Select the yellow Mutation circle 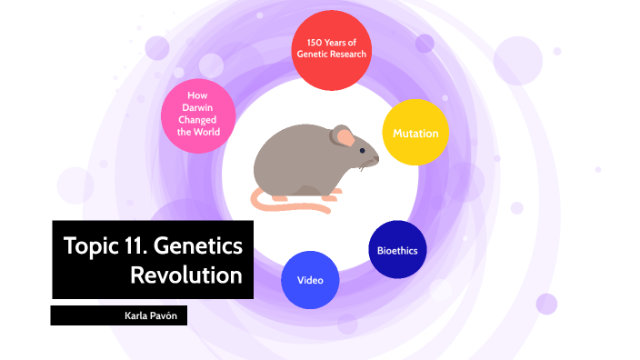[415, 133]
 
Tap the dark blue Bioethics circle [397, 249]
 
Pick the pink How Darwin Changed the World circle [198, 115]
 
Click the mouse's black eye [362, 149]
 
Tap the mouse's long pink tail [291, 208]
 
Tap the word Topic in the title [88, 245]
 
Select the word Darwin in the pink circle [198, 107]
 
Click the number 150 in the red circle [314, 42]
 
